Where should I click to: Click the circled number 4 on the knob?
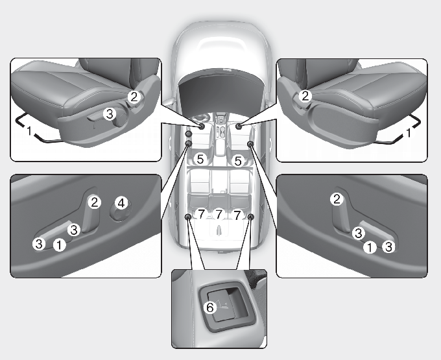(x=121, y=203)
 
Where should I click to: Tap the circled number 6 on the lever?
(x=210, y=307)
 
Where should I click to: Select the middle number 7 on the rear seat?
(x=219, y=215)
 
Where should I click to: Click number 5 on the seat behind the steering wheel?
(x=200, y=159)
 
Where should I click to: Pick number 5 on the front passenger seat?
(x=238, y=161)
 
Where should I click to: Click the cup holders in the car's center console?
(x=220, y=132)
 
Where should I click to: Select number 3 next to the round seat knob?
(x=109, y=114)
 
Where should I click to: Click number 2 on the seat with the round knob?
(x=134, y=97)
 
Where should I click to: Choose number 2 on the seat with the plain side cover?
(x=305, y=96)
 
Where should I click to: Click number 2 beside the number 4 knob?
(x=94, y=202)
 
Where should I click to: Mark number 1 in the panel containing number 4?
(x=60, y=245)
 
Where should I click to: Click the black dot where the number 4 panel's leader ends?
(x=188, y=144)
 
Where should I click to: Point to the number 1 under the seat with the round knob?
(x=29, y=130)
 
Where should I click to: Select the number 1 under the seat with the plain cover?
(x=409, y=132)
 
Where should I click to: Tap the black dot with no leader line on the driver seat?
(x=189, y=134)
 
